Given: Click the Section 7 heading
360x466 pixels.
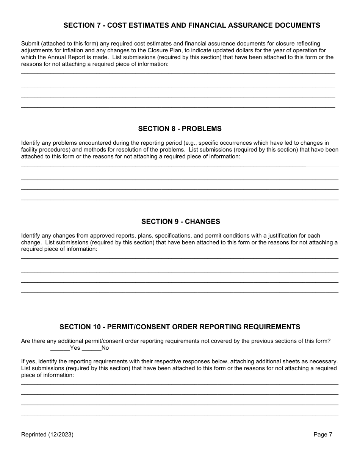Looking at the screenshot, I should [192, 25].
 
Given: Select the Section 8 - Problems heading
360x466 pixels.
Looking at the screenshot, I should [180, 129].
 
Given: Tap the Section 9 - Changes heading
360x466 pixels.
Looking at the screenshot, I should [180, 222].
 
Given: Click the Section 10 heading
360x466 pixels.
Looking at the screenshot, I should [180, 327].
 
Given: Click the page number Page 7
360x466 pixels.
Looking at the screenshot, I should [323, 435].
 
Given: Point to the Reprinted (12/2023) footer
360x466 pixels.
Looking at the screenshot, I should [47, 435].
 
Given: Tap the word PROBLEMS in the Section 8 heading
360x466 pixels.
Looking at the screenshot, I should [202, 129].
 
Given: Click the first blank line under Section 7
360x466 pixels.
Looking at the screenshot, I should [178, 72].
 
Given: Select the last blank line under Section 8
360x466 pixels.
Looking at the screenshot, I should [180, 199].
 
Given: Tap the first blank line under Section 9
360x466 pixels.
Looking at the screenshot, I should [180, 258].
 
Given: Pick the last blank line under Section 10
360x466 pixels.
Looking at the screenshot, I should [180, 414].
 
